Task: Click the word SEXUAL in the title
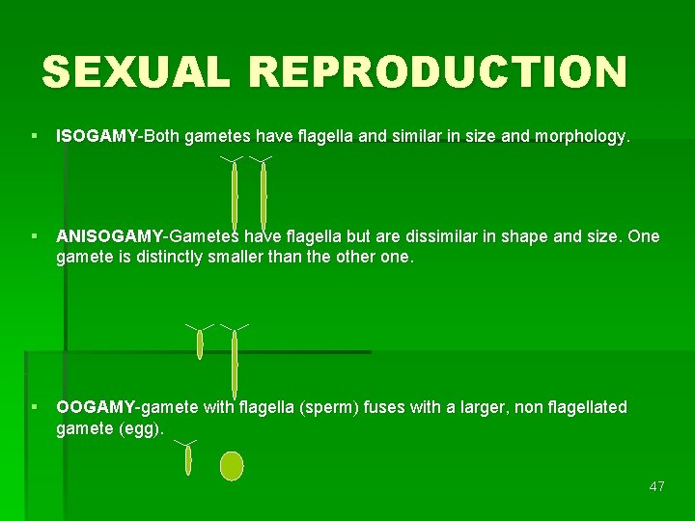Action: [x=134, y=72]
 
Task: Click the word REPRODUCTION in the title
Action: [x=437, y=72]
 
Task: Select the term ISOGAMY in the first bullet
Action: [x=97, y=137]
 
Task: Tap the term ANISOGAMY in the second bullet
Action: [x=110, y=236]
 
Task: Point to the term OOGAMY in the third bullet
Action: [x=97, y=407]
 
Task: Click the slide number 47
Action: [x=657, y=486]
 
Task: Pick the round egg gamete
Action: [x=232, y=466]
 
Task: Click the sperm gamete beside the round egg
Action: [x=188, y=459]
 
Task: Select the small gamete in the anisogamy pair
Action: [x=200, y=343]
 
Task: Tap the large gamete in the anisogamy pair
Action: [x=235, y=362]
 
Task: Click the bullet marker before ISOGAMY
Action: [x=35, y=137]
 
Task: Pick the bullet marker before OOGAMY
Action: [x=35, y=407]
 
